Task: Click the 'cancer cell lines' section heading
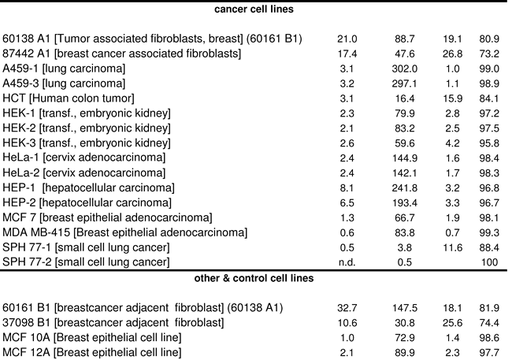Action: click(254, 9)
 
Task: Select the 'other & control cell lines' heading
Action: click(254, 278)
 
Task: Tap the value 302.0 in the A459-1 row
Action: click(404, 69)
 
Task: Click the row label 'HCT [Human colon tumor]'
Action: click(69, 98)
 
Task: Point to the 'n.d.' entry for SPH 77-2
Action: click(347, 262)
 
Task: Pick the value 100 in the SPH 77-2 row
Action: click(489, 262)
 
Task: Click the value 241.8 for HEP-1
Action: click(404, 187)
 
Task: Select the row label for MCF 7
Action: click(107, 217)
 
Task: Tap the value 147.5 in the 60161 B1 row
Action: click(404, 308)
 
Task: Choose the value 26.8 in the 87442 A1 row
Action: click(452, 54)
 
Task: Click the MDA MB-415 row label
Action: click(124, 232)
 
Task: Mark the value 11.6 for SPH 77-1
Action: click(452, 247)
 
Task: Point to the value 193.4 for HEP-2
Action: click(404, 203)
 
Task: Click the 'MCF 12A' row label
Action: click(91, 352)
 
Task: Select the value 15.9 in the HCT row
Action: click(452, 98)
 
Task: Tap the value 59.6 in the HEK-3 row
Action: click(404, 143)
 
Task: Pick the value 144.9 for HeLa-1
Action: click(404, 158)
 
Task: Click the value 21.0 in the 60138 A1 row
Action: click(347, 39)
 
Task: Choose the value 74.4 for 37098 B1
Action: click(489, 323)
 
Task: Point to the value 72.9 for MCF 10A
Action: click(404, 337)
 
